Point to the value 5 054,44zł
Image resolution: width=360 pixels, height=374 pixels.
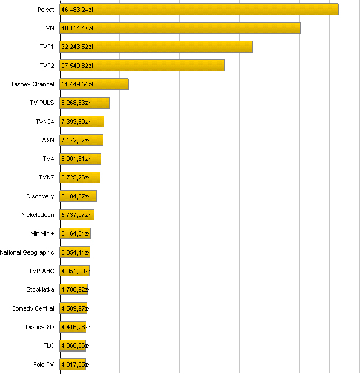click(75, 252)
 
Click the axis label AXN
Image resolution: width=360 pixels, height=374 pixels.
click(48, 140)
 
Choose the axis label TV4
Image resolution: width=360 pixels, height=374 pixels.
click(48, 159)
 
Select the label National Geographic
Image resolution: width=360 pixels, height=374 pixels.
click(27, 252)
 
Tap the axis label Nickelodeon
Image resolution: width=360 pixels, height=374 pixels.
click(38, 215)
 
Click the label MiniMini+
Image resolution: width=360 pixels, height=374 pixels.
click(42, 234)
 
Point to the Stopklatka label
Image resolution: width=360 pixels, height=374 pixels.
click(40, 290)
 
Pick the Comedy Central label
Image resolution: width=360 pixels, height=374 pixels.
click(33, 308)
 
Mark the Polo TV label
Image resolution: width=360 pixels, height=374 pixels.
click(44, 364)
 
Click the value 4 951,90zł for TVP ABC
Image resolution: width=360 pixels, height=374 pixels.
click(75, 271)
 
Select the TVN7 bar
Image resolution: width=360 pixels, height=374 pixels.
click(80, 178)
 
